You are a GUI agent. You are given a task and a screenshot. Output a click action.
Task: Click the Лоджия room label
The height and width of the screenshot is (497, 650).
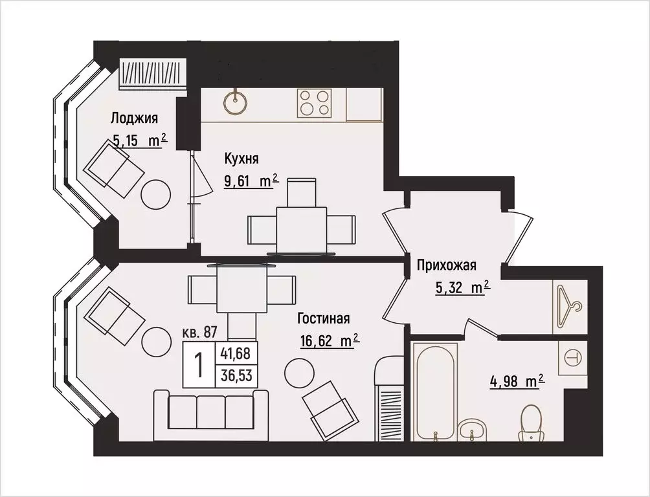(134, 118)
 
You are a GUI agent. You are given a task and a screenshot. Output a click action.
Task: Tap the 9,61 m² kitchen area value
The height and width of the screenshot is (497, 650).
(251, 181)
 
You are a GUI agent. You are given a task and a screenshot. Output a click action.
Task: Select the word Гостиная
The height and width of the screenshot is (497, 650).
(324, 318)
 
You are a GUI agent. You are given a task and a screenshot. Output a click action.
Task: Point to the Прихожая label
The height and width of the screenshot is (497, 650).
(447, 265)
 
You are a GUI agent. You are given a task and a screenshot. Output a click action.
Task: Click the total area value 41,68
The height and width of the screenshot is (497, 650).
(236, 354)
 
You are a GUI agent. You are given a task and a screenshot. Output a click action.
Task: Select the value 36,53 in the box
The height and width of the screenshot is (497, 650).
(236, 375)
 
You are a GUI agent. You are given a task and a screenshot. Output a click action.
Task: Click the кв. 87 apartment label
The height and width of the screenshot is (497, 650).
(199, 333)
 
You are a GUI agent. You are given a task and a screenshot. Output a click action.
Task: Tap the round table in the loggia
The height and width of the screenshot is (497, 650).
(156, 193)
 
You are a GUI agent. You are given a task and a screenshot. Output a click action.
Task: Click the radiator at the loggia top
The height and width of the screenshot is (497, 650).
(153, 73)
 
